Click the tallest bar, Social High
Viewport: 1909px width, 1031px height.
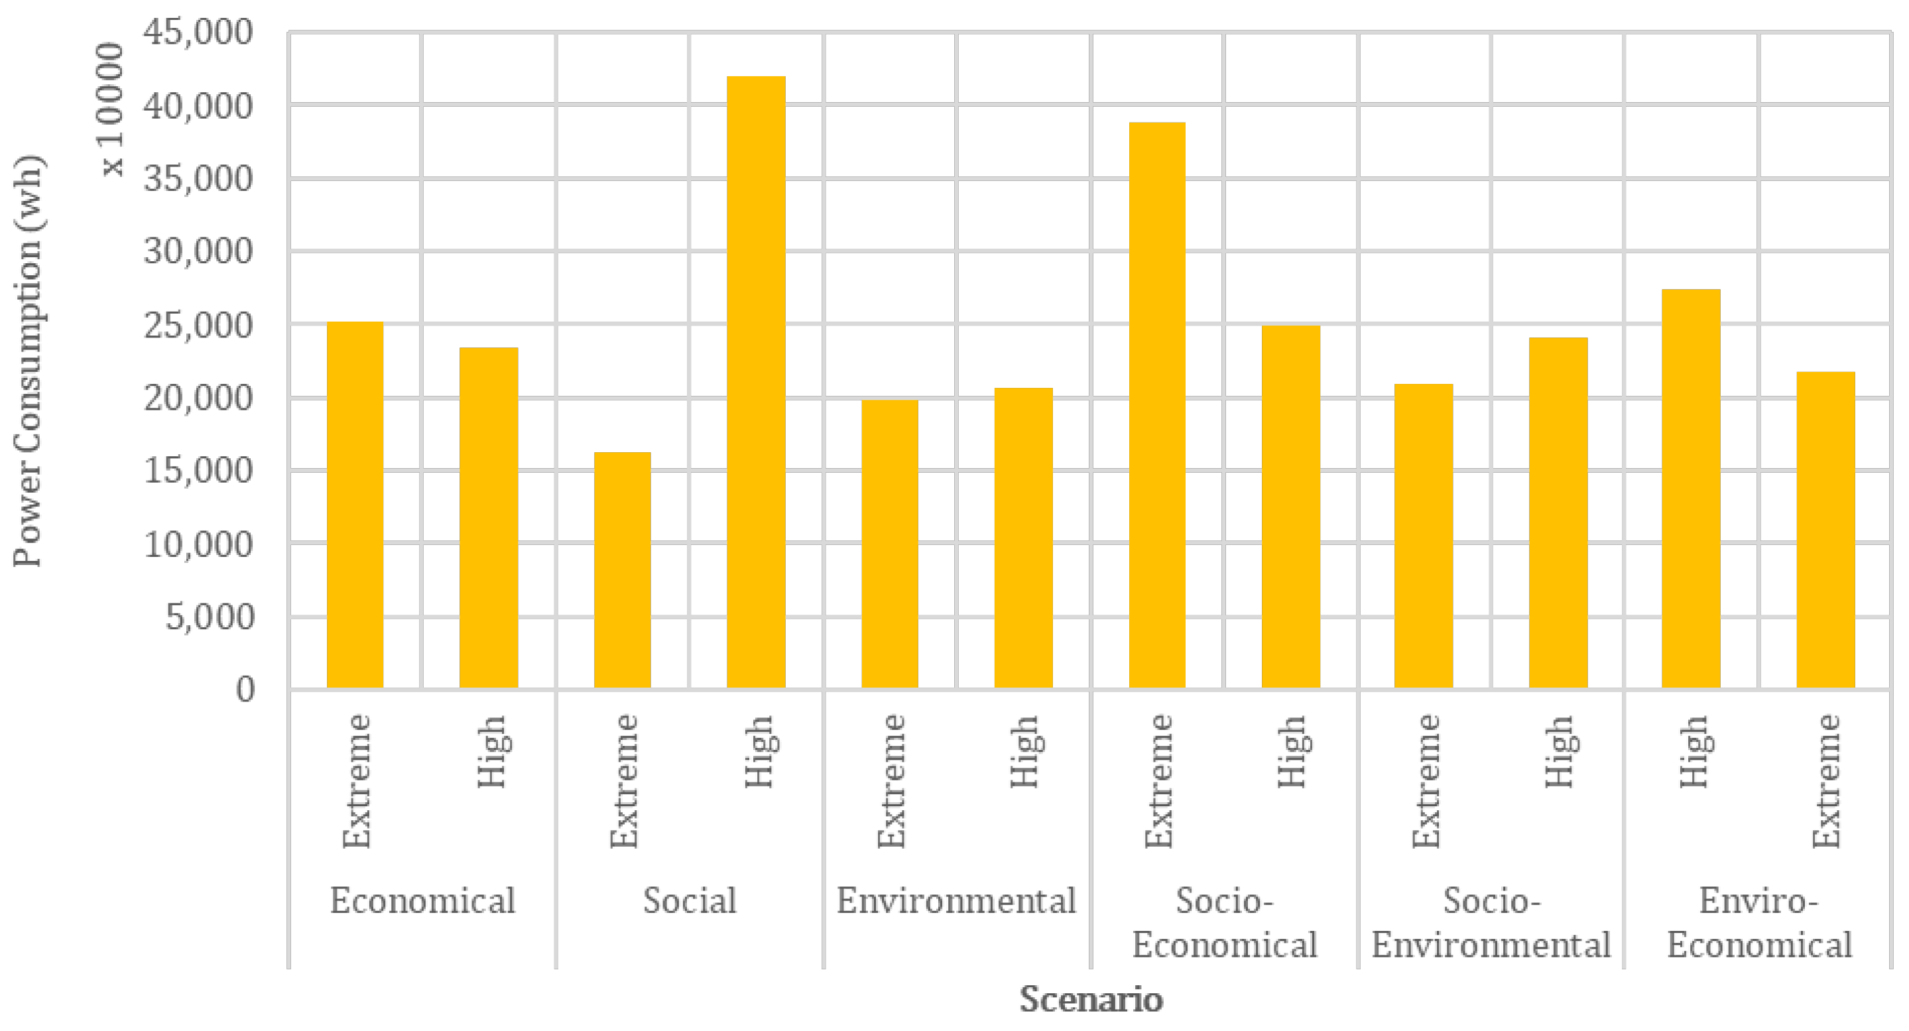pos(756,382)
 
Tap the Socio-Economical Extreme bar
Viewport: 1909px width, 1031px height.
pos(1157,404)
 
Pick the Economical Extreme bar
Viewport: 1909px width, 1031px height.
pos(355,504)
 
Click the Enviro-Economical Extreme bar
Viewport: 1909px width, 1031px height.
pos(1825,529)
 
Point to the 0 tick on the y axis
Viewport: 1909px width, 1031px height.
pos(245,690)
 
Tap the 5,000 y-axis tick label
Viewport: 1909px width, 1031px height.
pos(209,617)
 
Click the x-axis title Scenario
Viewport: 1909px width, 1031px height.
pos(1090,999)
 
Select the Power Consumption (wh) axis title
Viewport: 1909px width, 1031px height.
pos(28,361)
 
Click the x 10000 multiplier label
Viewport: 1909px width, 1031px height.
pos(111,109)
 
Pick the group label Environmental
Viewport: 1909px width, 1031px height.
pos(956,901)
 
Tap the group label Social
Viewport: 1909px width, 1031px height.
pos(689,901)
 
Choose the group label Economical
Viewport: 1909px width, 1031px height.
pos(422,901)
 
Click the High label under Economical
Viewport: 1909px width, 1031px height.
pos(491,752)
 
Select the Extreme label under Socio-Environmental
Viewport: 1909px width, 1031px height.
pos(1425,781)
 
